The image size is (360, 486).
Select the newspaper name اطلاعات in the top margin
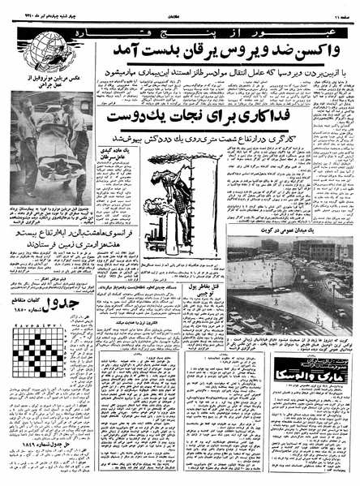click(180, 9)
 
